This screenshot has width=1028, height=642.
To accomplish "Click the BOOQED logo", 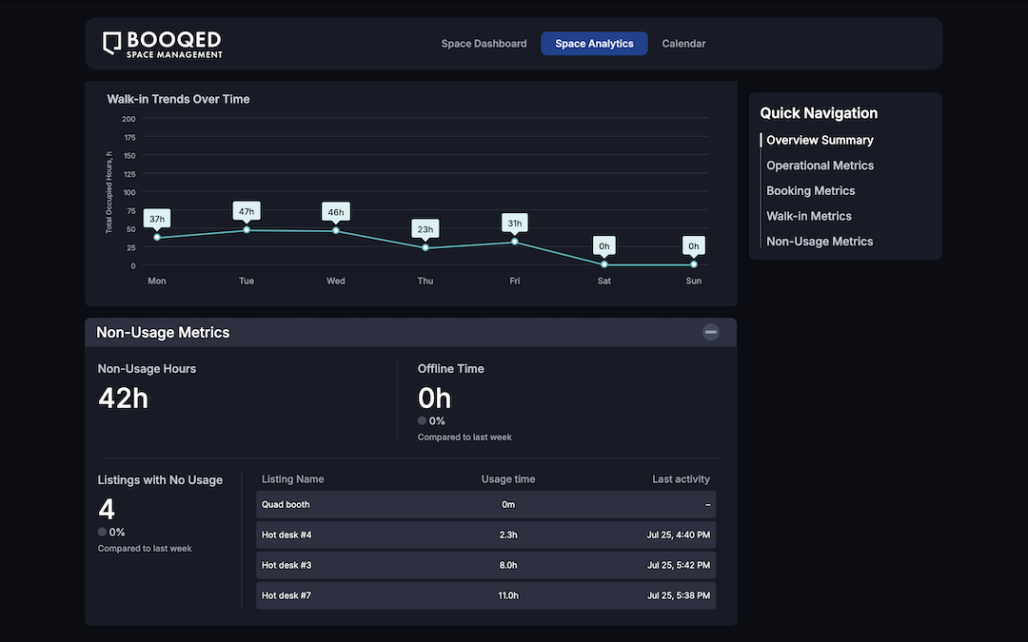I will pyautogui.click(x=163, y=44).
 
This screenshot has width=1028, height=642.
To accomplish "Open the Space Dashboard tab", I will pyautogui.click(x=484, y=44).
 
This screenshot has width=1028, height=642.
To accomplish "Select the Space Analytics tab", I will pyautogui.click(x=594, y=44).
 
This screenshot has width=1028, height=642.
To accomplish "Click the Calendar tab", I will pyautogui.click(x=683, y=44).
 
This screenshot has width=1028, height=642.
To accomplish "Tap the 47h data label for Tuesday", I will pyautogui.click(x=247, y=211).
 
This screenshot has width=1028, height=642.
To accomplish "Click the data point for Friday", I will pyautogui.click(x=515, y=242).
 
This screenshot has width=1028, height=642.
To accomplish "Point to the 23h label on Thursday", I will pyautogui.click(x=425, y=229).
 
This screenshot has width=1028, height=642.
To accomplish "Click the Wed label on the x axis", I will pyautogui.click(x=336, y=282).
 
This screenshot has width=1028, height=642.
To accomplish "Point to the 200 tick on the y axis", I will pyautogui.click(x=128, y=119).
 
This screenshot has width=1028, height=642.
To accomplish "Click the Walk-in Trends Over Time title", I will pyautogui.click(x=178, y=99).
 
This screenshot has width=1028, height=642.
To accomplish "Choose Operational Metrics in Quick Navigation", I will pyautogui.click(x=820, y=165).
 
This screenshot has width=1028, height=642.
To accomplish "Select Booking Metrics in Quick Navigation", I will pyautogui.click(x=810, y=191).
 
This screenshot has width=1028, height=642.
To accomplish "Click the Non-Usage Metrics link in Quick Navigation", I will pyautogui.click(x=820, y=242).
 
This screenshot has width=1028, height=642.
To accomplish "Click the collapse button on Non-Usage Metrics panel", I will pyautogui.click(x=711, y=332).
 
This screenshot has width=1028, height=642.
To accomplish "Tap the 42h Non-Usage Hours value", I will pyautogui.click(x=123, y=398).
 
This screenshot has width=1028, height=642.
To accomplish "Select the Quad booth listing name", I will pyautogui.click(x=286, y=505).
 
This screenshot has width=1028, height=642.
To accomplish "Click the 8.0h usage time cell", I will pyautogui.click(x=508, y=566).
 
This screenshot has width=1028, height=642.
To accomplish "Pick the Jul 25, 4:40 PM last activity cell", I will pyautogui.click(x=679, y=535).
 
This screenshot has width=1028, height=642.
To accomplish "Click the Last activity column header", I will pyautogui.click(x=681, y=479).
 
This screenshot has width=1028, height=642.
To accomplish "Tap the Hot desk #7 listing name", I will pyautogui.click(x=287, y=596).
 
